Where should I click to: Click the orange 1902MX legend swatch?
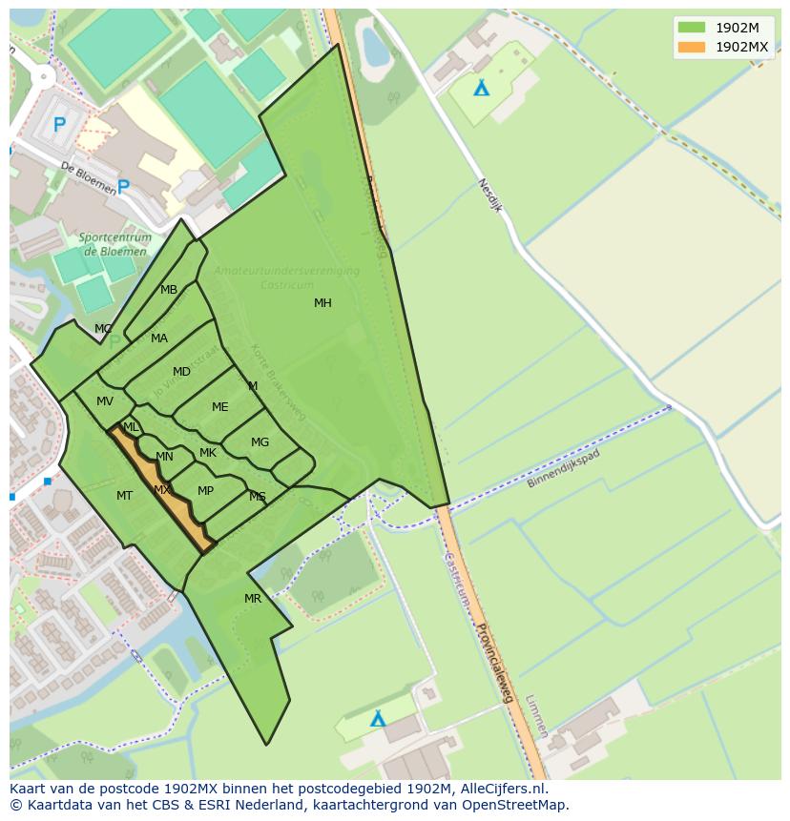pyautogui.click(x=692, y=47)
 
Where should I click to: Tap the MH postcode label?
pyautogui.click(x=322, y=303)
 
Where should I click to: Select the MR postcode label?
pyautogui.click(x=252, y=599)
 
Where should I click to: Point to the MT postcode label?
pyautogui.click(x=124, y=496)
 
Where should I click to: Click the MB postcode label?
pyautogui.click(x=169, y=290)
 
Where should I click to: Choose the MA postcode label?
pyautogui.click(x=159, y=339)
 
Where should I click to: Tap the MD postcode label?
pyautogui.click(x=181, y=372)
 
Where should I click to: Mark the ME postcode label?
pyautogui.click(x=219, y=407)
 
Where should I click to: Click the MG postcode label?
pyautogui.click(x=260, y=442)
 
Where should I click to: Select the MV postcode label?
pyautogui.click(x=105, y=401)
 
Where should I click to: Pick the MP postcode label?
pyautogui.click(x=205, y=491)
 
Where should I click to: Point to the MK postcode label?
pyautogui.click(x=207, y=453)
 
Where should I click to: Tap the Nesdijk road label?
pyautogui.click(x=489, y=198)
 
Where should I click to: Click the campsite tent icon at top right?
pyautogui.click(x=482, y=88)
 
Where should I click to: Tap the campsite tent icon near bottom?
pyautogui.click(x=378, y=719)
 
